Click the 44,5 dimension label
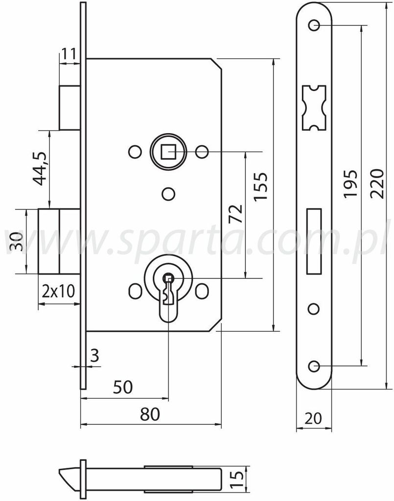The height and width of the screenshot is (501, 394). click(41, 168)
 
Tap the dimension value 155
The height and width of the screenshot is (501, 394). click(260, 186)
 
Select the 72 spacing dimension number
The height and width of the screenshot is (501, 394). click(235, 214)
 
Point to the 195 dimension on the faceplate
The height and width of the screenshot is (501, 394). click(350, 184)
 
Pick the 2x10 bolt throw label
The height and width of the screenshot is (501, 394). click(58, 291)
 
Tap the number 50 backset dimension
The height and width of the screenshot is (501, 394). click(123, 387)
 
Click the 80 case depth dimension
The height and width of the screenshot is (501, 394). click(150, 414)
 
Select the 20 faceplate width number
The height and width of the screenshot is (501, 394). click(313, 418)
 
